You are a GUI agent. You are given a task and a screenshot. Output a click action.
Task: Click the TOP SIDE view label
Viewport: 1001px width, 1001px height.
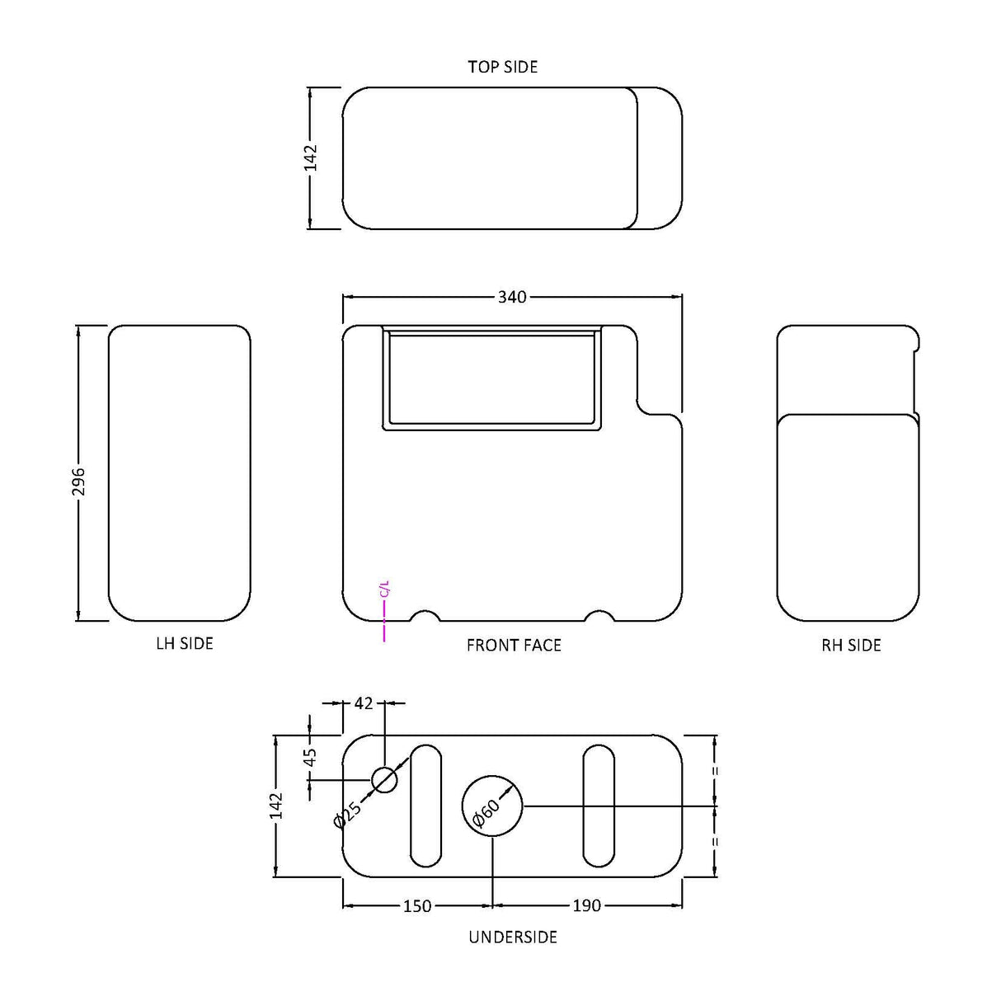502,67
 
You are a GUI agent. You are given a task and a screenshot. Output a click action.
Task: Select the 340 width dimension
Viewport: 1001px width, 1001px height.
511,297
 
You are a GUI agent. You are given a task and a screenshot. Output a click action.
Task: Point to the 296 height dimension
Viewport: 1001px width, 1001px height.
79,482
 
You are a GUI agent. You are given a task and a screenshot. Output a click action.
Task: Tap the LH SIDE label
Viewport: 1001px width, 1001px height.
185,643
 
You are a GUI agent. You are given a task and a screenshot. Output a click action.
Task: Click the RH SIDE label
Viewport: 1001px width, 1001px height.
851,645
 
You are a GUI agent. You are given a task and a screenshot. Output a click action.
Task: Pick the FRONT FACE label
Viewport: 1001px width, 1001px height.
514,645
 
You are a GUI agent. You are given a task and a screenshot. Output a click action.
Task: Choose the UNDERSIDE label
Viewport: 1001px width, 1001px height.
513,937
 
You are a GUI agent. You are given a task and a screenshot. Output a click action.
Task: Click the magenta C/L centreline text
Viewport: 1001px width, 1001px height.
383,589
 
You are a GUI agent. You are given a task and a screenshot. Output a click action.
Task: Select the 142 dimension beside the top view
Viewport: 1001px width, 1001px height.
311,157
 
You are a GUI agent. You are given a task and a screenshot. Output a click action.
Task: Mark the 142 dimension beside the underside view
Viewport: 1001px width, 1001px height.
276,806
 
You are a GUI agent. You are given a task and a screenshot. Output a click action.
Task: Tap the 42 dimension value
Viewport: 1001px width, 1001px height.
364,703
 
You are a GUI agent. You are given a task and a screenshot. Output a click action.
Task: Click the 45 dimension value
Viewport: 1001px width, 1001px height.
311,757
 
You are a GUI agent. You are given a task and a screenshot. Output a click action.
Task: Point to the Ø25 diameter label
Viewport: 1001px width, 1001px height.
348,814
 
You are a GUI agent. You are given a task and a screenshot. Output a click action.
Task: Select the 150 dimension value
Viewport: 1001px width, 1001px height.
417,906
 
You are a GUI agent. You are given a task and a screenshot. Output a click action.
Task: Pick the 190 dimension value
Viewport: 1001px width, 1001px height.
585,906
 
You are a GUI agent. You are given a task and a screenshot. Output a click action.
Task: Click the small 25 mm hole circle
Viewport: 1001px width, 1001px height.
384,778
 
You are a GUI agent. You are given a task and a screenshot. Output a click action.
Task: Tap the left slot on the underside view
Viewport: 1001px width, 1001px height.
425,806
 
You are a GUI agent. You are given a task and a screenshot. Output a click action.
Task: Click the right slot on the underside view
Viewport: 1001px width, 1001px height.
598,806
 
